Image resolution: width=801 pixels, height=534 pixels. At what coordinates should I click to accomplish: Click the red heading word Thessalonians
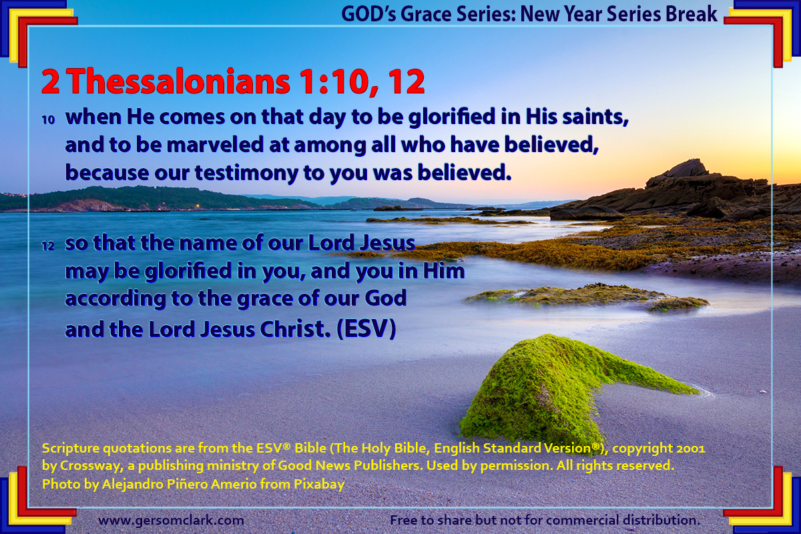click(179, 82)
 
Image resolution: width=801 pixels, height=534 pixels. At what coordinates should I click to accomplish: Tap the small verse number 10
click(48, 120)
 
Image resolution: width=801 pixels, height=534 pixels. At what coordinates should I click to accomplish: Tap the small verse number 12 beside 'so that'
click(48, 246)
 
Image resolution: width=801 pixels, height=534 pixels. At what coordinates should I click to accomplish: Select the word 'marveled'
click(215, 145)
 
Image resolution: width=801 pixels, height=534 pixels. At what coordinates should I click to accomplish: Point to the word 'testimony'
click(246, 173)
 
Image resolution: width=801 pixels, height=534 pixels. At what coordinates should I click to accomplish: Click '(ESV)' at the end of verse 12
click(366, 328)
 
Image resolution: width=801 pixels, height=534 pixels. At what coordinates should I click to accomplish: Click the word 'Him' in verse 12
click(444, 271)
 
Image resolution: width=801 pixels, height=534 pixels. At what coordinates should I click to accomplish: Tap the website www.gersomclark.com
click(171, 520)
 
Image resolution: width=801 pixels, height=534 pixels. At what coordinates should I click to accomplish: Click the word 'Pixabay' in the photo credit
click(319, 485)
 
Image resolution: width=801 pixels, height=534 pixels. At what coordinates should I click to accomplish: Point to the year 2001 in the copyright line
click(691, 448)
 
